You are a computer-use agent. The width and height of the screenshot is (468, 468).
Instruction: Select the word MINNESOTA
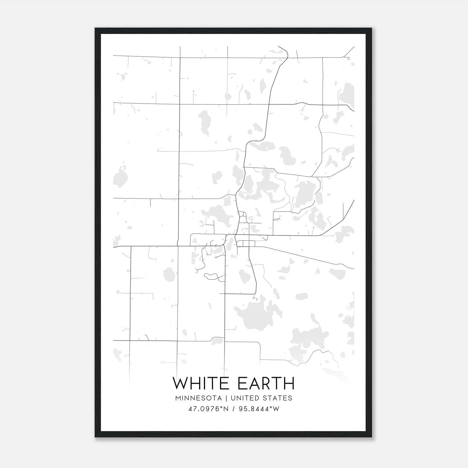[x=198, y=398]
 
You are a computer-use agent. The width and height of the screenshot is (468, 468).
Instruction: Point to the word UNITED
[x=245, y=398]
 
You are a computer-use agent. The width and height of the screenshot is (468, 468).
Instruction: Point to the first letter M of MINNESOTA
[x=178, y=398]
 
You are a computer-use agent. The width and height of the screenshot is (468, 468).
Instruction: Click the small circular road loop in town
[x=251, y=218]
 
